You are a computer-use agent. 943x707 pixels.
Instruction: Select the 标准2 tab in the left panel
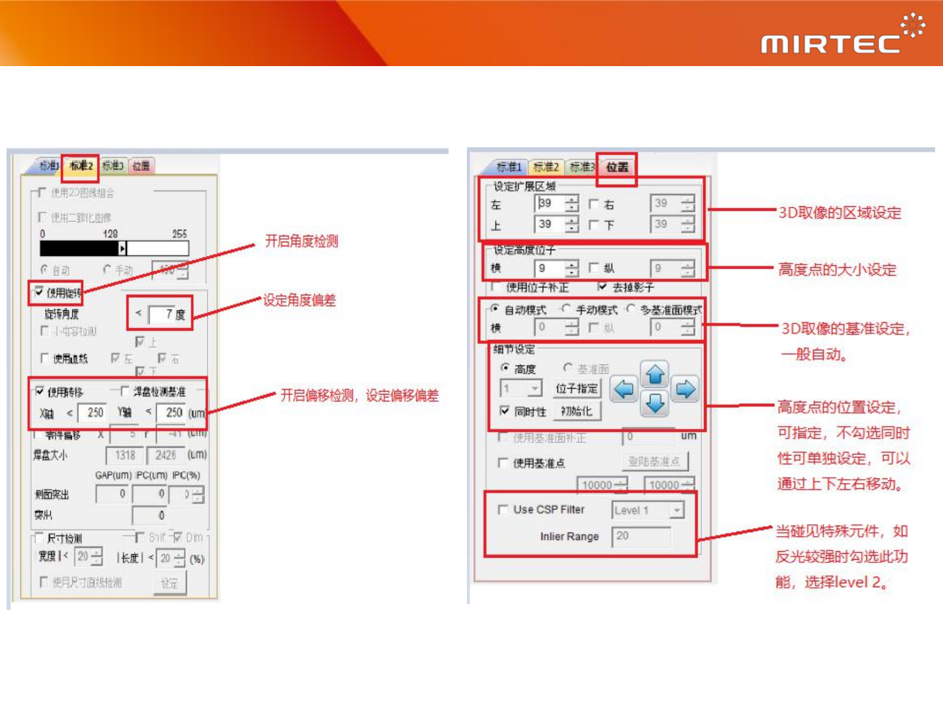point(81,166)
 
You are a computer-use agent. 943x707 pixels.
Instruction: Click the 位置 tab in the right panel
point(617,167)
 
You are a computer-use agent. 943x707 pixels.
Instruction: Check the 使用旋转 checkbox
point(39,291)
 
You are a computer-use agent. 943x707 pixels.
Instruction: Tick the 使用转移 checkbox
point(40,391)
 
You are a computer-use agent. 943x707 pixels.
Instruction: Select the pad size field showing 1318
point(124,455)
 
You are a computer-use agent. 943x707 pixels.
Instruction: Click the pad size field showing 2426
point(165,455)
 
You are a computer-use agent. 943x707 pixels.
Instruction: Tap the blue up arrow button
point(655,374)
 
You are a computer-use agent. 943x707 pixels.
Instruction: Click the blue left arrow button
point(624,390)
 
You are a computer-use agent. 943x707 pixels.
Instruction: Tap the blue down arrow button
point(655,404)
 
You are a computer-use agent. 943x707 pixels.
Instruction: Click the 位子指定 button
point(577,389)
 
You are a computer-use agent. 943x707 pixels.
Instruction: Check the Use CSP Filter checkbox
point(503,509)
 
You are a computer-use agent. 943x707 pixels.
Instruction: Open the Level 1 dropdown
point(676,510)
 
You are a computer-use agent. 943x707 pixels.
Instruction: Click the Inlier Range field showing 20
point(641,536)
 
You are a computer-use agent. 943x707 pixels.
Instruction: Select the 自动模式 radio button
point(495,308)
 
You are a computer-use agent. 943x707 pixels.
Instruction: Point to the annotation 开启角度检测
point(301,241)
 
